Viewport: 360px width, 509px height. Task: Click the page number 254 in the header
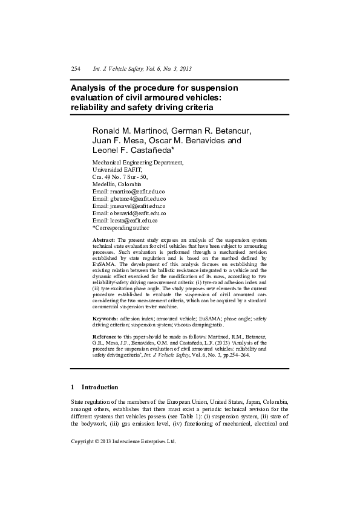[76, 70]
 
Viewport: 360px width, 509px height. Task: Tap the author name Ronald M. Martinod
[127, 131]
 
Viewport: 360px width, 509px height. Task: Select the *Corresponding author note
[120, 228]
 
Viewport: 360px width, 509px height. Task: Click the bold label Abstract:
[103, 240]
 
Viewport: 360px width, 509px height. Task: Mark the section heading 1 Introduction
[94, 387]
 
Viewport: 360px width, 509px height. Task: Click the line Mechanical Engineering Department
[137, 163]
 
